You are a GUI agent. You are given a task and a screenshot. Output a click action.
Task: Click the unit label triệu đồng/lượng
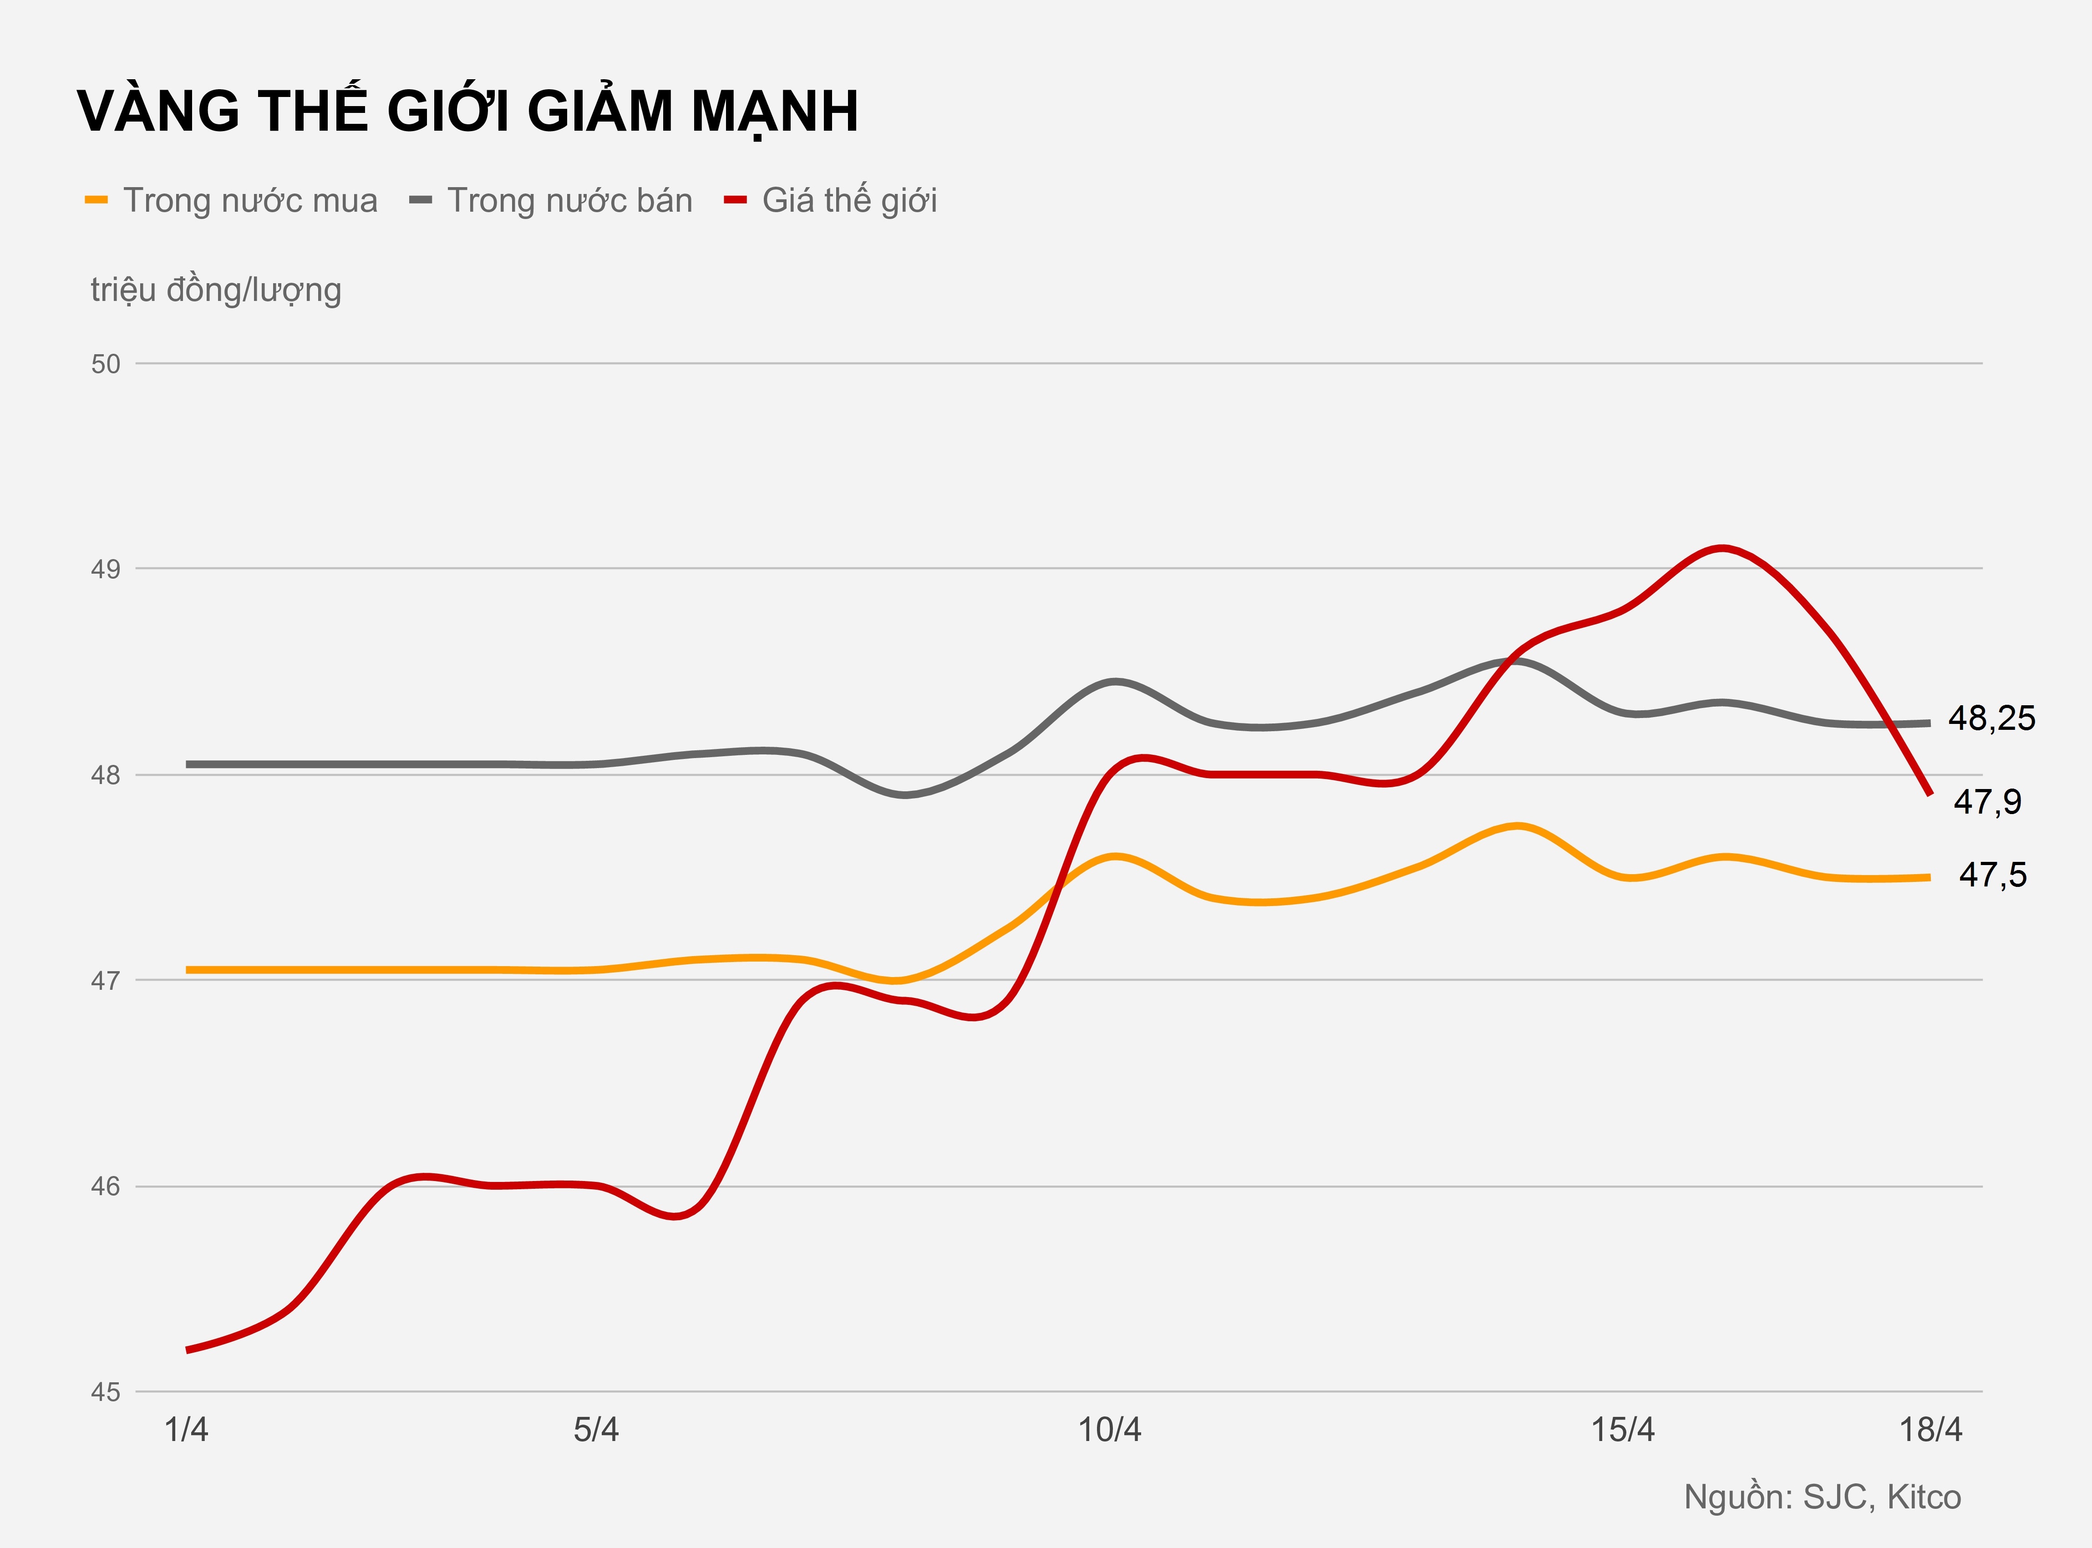215,290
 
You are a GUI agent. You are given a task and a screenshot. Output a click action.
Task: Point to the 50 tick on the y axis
106,364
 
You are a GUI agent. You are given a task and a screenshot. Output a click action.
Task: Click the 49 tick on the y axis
106,570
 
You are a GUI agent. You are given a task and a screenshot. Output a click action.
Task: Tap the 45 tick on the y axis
106,1392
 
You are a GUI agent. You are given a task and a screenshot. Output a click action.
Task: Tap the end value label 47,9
1987,802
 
